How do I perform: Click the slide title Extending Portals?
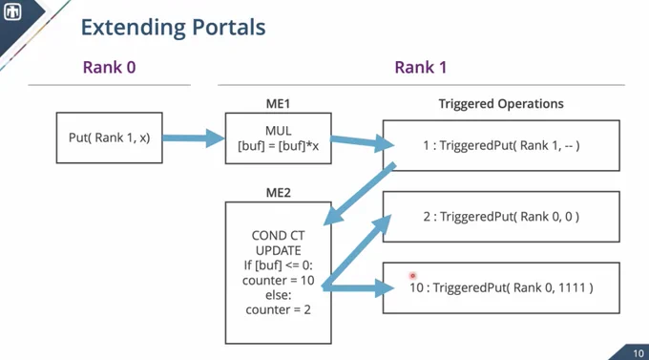click(173, 28)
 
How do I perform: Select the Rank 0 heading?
click(109, 67)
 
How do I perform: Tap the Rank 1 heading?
click(421, 67)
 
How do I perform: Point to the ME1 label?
click(278, 103)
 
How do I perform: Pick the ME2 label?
click(278, 193)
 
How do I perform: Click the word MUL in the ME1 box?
click(278, 131)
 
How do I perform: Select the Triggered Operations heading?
click(501, 103)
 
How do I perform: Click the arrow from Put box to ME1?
click(194, 138)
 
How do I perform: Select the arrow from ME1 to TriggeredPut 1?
click(363, 142)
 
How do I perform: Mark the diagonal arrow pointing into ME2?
click(359, 194)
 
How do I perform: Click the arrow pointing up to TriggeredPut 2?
click(357, 251)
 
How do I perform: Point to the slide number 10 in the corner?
click(639, 353)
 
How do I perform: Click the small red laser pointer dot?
click(412, 275)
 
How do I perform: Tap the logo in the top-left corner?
click(12, 11)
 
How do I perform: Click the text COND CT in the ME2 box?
click(278, 236)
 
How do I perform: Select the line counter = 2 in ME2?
click(278, 310)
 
